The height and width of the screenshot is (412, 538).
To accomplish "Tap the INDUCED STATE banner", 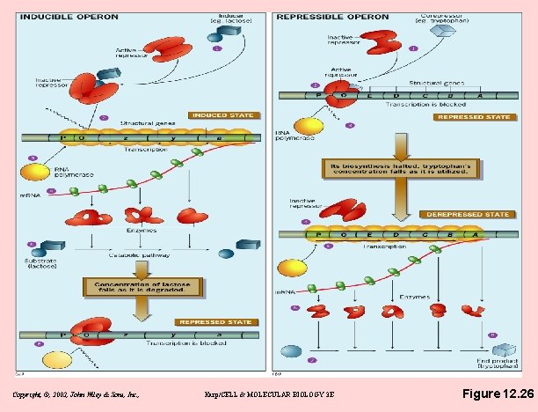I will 224,115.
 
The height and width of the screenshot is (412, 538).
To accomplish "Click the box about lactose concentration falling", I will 142,286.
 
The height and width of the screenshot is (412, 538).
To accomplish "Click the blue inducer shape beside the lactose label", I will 218,33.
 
